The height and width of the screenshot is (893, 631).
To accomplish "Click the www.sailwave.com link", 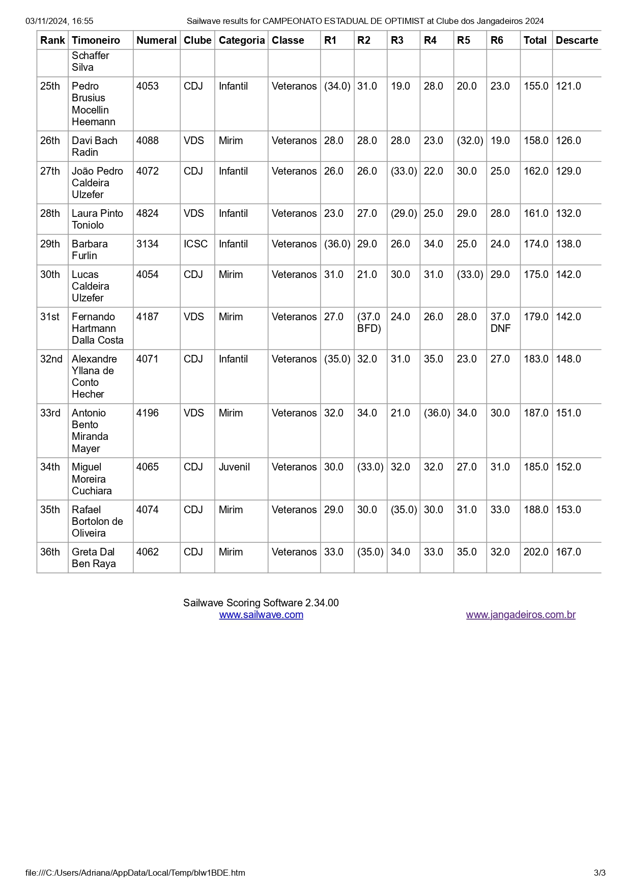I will [261, 615].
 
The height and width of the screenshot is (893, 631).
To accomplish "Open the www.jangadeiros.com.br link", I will [521, 615].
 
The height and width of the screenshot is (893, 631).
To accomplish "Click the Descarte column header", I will [577, 40].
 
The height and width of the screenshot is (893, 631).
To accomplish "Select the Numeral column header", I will [156, 40].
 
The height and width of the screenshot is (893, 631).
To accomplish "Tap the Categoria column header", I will [242, 40].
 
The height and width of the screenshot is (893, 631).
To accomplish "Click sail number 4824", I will [148, 213].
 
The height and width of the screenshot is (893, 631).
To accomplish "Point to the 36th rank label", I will [50, 552].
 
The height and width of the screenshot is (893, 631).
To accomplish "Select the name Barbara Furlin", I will [90, 249].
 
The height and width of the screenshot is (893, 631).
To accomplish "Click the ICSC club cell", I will [195, 244].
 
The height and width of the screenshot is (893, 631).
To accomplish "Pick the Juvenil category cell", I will [234, 467].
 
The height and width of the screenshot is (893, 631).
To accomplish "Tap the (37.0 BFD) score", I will [369, 322].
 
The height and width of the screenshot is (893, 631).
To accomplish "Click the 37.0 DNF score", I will [500, 322].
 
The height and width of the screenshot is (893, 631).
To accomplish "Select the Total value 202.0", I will [536, 552].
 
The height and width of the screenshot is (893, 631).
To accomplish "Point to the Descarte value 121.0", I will [568, 86].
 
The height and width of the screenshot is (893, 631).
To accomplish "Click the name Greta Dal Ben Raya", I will [94, 557].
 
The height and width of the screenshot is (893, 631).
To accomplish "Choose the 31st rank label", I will [50, 317].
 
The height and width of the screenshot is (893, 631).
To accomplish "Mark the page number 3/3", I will [599, 873].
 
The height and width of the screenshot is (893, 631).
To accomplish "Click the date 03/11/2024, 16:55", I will [60, 21].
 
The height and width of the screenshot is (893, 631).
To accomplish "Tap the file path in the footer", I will [135, 873].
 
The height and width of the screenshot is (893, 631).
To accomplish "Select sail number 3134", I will [148, 244].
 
